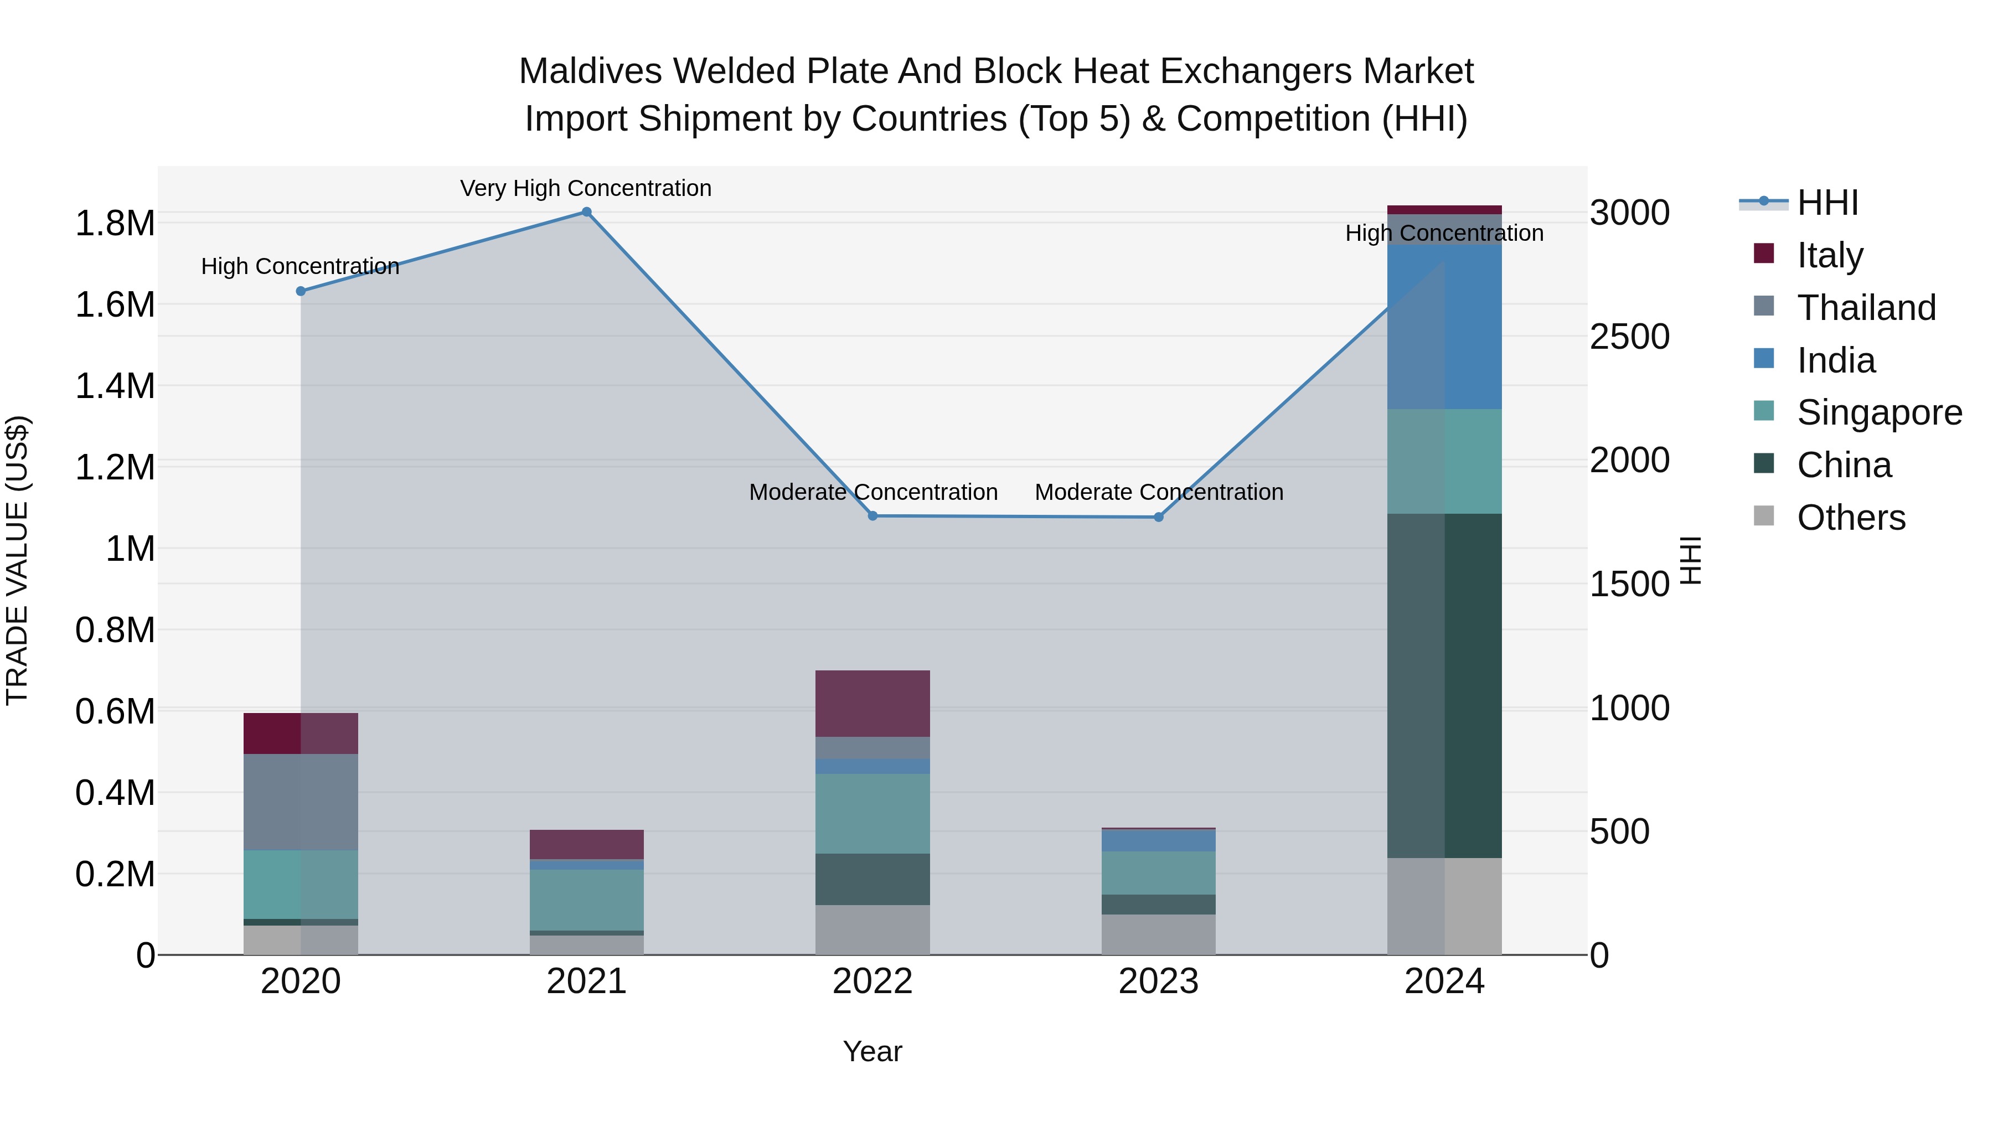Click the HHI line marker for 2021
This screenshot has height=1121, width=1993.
(x=586, y=212)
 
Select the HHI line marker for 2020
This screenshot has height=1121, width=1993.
(x=301, y=291)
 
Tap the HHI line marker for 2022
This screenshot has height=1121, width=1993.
(x=872, y=515)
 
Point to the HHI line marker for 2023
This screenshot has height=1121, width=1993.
(x=1158, y=517)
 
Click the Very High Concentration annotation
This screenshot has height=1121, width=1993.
(x=586, y=188)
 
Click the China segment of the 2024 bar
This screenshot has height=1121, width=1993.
(x=1444, y=685)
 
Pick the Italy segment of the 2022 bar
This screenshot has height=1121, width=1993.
(x=872, y=703)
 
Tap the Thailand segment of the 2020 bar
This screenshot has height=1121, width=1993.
(x=301, y=802)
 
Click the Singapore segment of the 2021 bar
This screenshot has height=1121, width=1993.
(x=586, y=899)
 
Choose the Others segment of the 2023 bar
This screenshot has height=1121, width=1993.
(x=1158, y=934)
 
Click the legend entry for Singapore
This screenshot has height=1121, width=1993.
(x=1878, y=412)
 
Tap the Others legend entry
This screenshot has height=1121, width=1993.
(x=1851, y=518)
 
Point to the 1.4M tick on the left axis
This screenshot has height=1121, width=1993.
(x=115, y=386)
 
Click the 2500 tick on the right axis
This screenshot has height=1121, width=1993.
(x=1629, y=337)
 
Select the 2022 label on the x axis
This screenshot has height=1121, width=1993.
(x=872, y=981)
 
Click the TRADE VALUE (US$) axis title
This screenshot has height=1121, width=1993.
(x=17, y=560)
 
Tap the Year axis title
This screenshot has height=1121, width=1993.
(x=872, y=1051)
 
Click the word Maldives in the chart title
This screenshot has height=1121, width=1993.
(x=590, y=71)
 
